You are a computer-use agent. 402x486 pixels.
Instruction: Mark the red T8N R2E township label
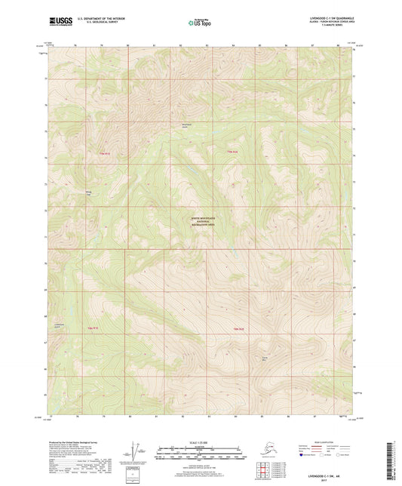click(239, 329)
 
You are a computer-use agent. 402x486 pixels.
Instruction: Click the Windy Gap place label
click(88, 193)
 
